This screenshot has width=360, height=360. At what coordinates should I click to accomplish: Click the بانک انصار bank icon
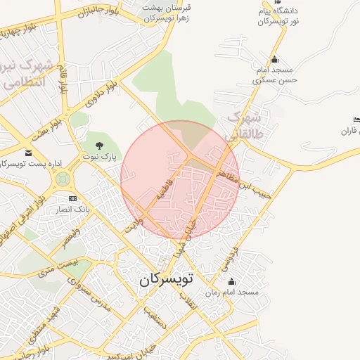point(72,200)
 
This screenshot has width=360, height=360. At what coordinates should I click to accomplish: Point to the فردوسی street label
point(229,259)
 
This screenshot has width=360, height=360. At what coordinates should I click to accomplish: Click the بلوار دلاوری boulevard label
point(101,96)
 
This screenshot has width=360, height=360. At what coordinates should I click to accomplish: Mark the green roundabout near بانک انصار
point(63,179)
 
